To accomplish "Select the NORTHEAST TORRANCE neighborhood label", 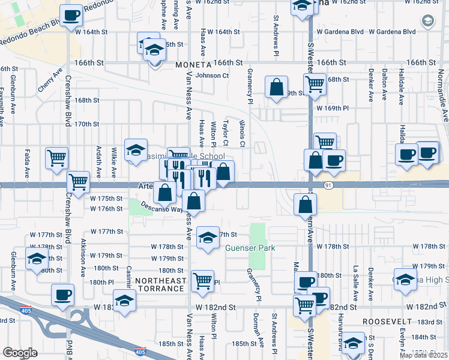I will coord(159,284).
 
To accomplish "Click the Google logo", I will coord(20,353).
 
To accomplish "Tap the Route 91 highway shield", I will coord(328,185).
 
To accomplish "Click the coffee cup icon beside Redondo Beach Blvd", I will coord(71,15).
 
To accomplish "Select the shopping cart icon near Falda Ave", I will coord(56,158).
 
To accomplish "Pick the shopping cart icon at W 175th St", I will coord(78,181).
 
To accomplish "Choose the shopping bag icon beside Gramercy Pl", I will coord(276,87).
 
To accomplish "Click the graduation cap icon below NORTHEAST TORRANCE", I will coord(124,300).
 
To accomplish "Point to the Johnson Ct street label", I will coord(212,76).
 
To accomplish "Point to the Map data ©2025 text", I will coord(424,355).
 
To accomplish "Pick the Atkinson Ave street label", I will coord(83,259).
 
